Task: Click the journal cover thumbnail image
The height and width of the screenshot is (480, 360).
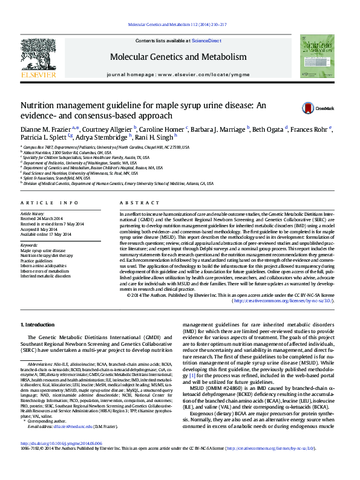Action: (x=321, y=56)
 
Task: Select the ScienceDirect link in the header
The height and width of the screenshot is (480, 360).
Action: (x=206, y=40)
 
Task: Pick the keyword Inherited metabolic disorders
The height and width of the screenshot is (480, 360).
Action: (x=45, y=277)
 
